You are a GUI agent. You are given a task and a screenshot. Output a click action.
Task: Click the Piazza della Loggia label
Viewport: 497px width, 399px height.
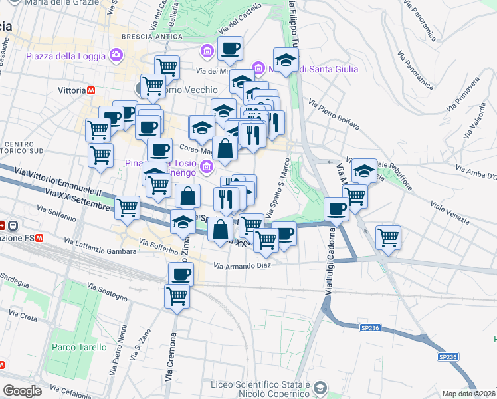(66, 55)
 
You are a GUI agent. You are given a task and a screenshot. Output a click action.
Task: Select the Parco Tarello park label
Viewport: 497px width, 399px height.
(78, 347)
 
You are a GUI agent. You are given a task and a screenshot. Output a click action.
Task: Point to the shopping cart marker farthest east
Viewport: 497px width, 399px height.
(388, 237)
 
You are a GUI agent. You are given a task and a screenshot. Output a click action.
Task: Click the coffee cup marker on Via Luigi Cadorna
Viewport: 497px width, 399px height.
(337, 209)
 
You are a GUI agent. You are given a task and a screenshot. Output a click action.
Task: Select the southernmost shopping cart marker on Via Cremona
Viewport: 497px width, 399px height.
(177, 296)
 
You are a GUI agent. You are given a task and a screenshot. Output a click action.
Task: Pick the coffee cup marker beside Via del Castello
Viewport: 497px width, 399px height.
(230, 49)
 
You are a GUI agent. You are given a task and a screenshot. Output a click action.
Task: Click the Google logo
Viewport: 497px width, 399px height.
(22, 391)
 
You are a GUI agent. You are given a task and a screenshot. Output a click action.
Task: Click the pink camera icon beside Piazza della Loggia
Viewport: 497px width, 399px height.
(118, 55)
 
